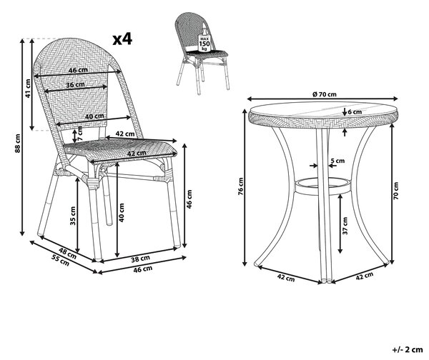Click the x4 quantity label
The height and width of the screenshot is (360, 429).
pyautogui.click(x=122, y=39)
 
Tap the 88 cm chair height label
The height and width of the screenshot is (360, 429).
pyautogui.click(x=18, y=144)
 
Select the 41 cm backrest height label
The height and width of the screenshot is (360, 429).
pyautogui.click(x=28, y=89)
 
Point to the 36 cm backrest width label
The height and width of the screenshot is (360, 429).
pyautogui.click(x=75, y=85)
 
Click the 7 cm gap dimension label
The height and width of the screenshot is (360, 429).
pyautogui.click(x=79, y=134)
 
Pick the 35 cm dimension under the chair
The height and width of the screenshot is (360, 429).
pyautogui.click(x=73, y=216)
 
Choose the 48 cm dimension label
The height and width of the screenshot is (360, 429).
pyautogui.click(x=67, y=253)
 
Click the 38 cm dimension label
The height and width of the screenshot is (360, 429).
pyautogui.click(x=140, y=259)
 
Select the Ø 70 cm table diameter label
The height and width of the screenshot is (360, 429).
pyautogui.click(x=324, y=94)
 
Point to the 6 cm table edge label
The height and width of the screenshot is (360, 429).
pyautogui.click(x=355, y=112)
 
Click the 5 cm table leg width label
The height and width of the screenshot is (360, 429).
pyautogui.click(x=337, y=161)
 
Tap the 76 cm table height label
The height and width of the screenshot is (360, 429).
pyautogui.click(x=240, y=186)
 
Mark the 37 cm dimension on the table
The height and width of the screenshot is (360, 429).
pyautogui.click(x=345, y=226)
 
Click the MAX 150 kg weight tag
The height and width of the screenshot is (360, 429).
pyautogui.click(x=204, y=43)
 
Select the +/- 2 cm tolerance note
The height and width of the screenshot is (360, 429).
pyautogui.click(x=408, y=349)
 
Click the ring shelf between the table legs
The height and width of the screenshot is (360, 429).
pyautogui.click(x=322, y=193)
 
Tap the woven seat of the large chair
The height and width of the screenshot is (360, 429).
pyautogui.click(x=120, y=149)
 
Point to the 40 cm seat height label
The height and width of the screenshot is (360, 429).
pyautogui.click(x=122, y=212)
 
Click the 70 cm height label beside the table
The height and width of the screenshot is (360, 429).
pyautogui.click(x=396, y=190)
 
